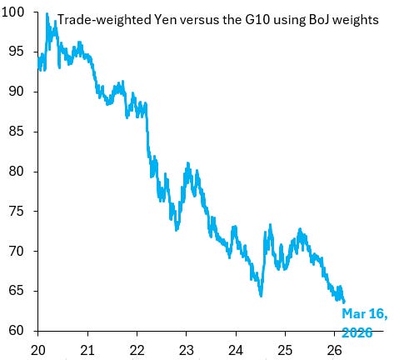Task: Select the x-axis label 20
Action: pyautogui.click(x=38, y=349)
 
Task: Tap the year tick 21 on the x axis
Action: pyautogui.click(x=87, y=349)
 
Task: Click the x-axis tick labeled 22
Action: pyautogui.click(x=137, y=349)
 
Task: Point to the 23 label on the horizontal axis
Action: pyautogui.click(x=186, y=349)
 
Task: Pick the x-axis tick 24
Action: pyautogui.click(x=236, y=349)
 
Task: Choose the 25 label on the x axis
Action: pyautogui.click(x=285, y=349)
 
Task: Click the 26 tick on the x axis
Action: pyautogui.click(x=334, y=349)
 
